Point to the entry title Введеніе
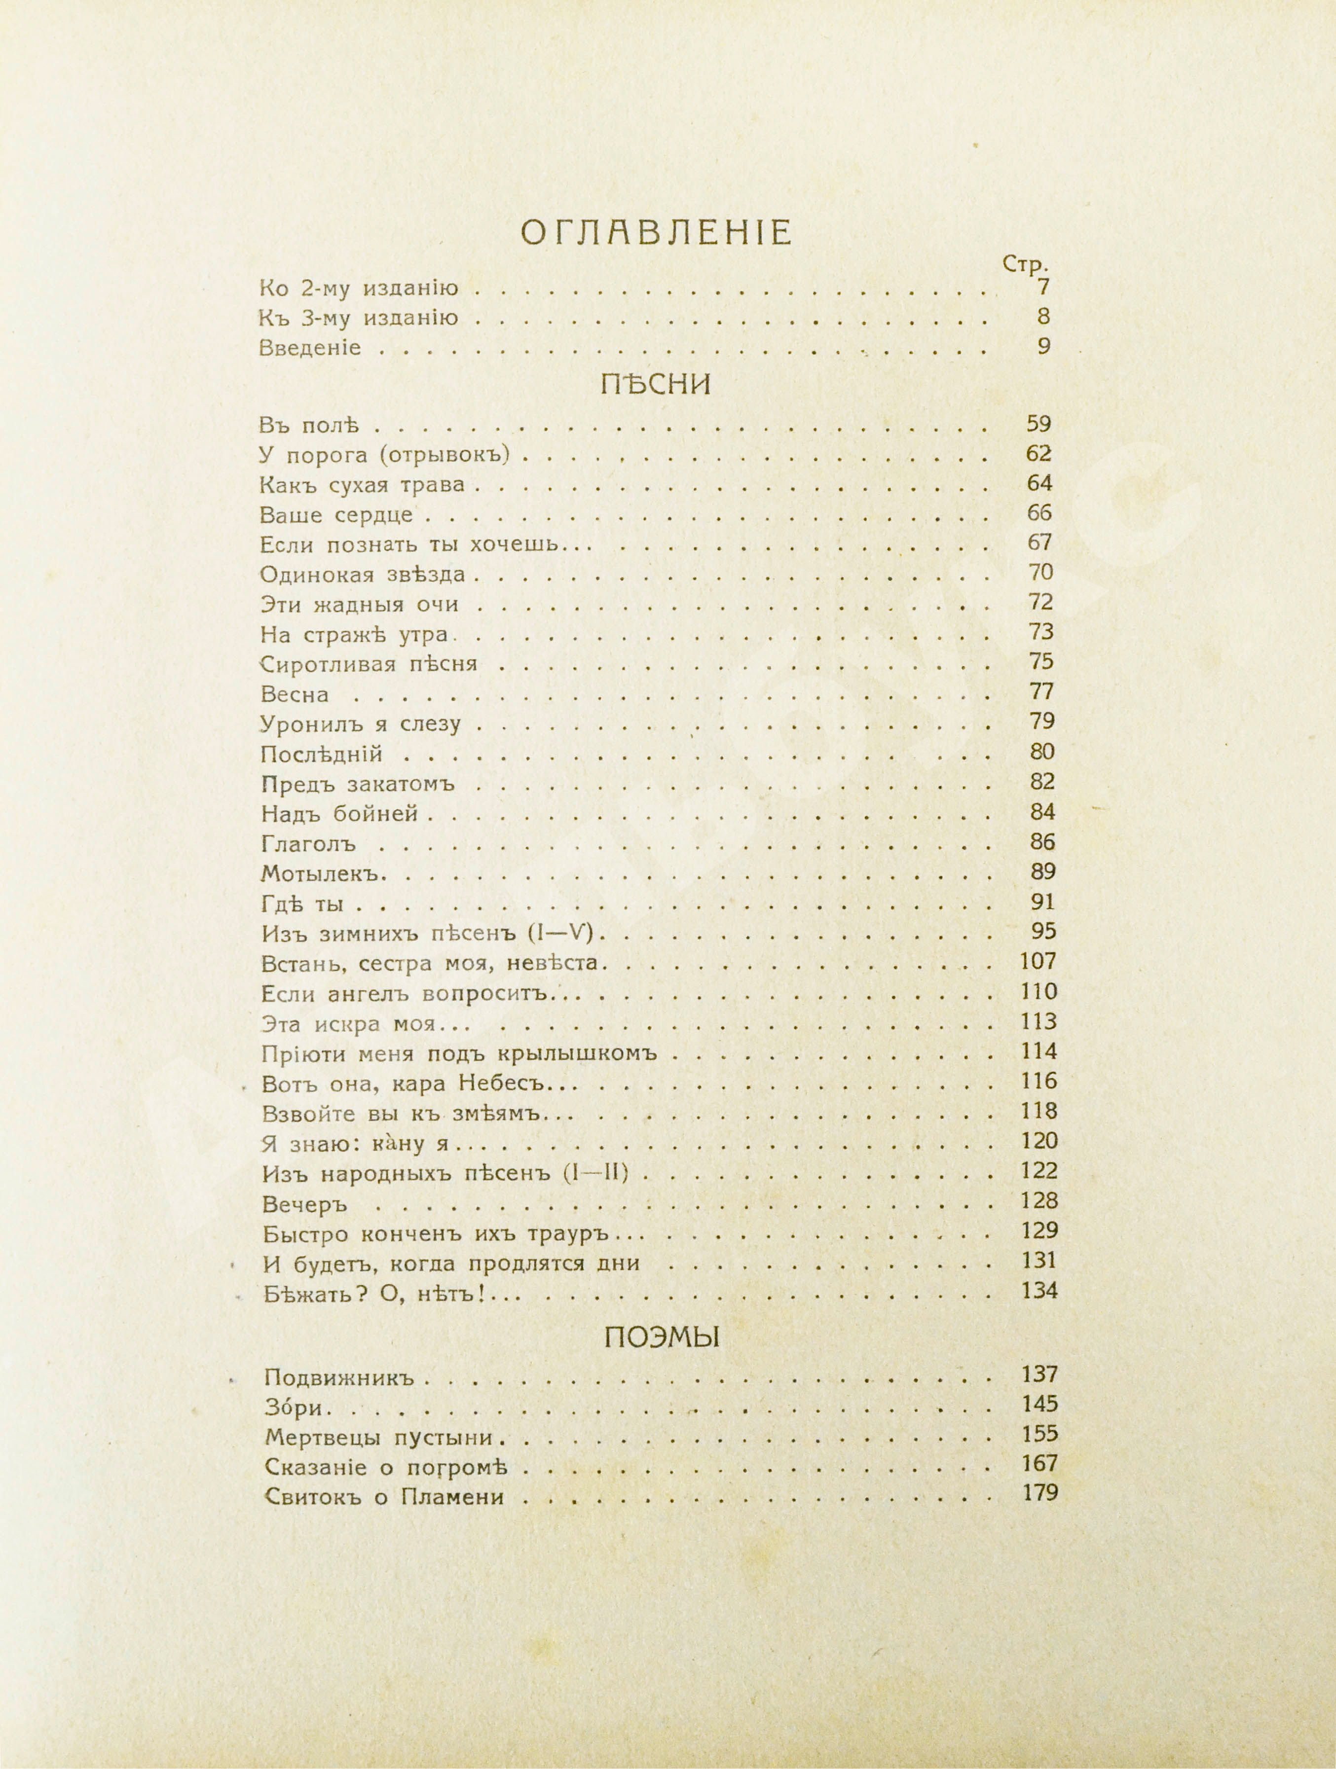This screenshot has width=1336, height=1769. (x=310, y=348)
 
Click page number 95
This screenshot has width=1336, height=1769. (x=1041, y=932)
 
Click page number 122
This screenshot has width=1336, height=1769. (x=1039, y=1172)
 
